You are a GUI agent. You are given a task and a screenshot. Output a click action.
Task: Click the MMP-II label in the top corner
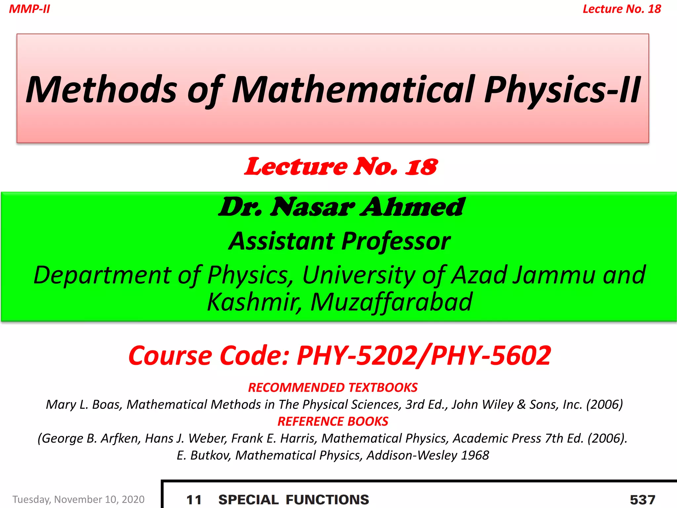pos(29,9)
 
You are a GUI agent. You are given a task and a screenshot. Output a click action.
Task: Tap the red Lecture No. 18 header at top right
pos(621,9)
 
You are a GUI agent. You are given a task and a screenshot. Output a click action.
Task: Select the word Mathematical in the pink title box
pos(354,89)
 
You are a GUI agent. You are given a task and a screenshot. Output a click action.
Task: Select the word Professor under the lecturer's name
pos(396,241)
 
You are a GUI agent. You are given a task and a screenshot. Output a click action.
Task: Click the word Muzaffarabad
pos(391,302)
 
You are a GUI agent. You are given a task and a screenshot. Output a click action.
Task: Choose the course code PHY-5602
pos(491,356)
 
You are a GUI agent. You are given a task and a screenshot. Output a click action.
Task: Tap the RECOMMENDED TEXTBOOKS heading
pos(333,388)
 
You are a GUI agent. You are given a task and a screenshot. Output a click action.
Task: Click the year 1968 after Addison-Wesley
pos(475,455)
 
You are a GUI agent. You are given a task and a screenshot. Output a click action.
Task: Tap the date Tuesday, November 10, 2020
pos(79,499)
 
